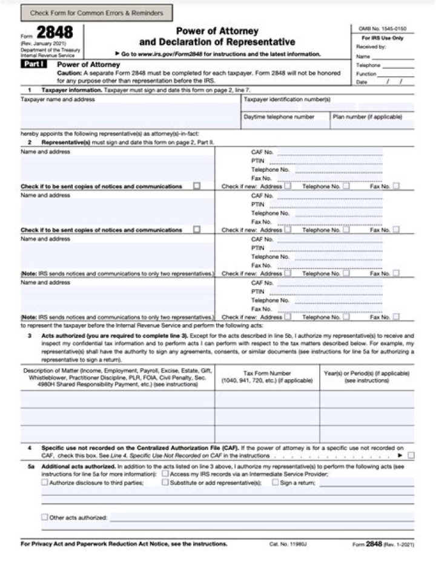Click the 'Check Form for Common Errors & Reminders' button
point(96,13)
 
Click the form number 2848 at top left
point(54,33)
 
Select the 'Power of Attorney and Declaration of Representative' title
point(217,36)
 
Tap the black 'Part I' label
point(36,63)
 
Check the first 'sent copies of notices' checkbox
point(197,186)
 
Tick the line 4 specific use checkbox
point(412,455)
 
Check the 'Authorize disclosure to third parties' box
point(45,483)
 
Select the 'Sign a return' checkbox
point(276,483)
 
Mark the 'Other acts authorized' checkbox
point(45,517)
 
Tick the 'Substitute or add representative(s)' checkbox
point(165,483)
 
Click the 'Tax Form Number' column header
point(267,377)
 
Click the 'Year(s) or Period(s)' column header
point(367,377)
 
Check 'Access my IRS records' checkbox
point(165,474)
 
